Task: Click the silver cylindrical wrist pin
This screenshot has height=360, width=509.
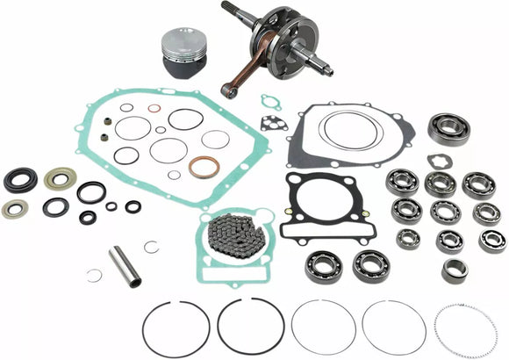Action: [125, 267]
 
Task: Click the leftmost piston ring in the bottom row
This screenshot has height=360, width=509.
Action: [175, 328]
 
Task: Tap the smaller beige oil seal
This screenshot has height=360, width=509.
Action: [14, 208]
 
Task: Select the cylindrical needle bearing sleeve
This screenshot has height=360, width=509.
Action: [454, 270]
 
